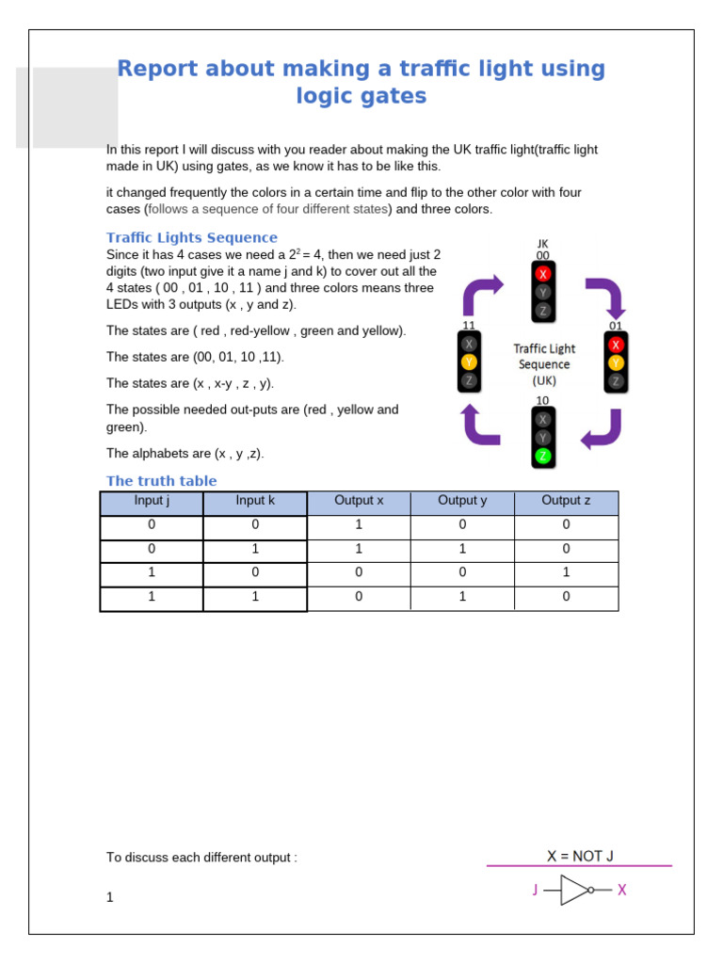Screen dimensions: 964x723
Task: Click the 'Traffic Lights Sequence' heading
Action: click(x=191, y=237)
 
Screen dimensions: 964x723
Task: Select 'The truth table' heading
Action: click(x=161, y=481)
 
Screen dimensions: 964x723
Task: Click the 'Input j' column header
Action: click(x=152, y=501)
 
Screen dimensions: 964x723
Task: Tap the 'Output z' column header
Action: click(x=566, y=501)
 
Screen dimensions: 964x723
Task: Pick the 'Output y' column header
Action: click(x=462, y=501)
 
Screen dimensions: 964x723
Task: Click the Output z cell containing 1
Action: click(x=566, y=572)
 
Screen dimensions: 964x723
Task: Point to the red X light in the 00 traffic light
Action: click(x=543, y=274)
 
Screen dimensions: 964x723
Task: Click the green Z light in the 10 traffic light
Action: click(x=543, y=456)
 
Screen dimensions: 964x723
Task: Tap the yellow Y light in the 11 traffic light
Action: click(x=469, y=362)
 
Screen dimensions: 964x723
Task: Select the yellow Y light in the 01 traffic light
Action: click(x=616, y=362)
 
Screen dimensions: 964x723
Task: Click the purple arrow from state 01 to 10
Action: click(x=602, y=428)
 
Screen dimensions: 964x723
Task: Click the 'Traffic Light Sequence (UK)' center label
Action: click(x=543, y=364)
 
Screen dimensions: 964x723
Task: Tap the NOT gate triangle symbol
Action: click(x=575, y=890)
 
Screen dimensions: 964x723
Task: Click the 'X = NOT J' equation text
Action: click(x=580, y=856)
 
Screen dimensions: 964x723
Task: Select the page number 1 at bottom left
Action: click(x=110, y=897)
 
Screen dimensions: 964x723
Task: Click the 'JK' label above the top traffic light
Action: click(x=542, y=244)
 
